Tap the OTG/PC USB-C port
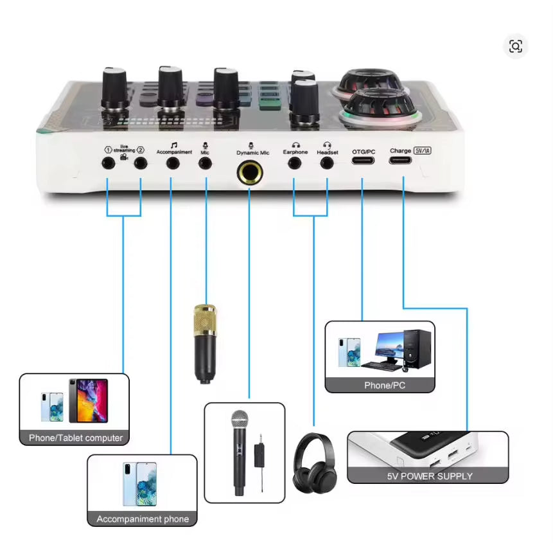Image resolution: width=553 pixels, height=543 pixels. click(x=363, y=162)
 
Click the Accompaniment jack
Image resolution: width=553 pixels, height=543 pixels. click(x=172, y=163)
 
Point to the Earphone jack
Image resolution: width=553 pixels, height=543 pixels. click(x=294, y=163)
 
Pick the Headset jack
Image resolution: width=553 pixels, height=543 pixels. click(x=327, y=163)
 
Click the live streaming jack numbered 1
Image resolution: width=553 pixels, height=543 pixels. click(x=108, y=163)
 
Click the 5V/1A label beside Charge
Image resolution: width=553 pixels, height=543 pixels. click(x=423, y=150)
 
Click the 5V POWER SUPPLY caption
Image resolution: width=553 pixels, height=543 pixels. click(x=429, y=476)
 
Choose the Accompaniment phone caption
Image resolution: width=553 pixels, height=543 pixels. click(x=143, y=519)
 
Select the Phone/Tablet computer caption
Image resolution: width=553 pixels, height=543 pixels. click(x=75, y=438)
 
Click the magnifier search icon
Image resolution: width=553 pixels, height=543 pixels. click(x=515, y=46)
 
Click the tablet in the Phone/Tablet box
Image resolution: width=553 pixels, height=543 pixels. click(x=88, y=400)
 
